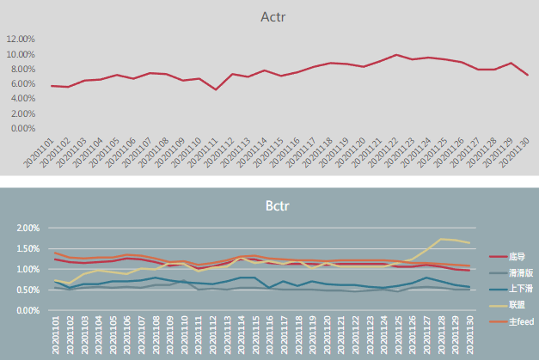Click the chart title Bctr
[274, 207]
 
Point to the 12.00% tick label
[21, 40]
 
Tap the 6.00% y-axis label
[21, 83]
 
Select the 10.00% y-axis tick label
[21, 54]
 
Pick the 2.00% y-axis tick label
[25, 229]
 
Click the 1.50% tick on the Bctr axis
[25, 249]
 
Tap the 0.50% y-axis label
[25, 290]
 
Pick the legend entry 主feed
[519, 320]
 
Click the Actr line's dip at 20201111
[215, 89]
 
